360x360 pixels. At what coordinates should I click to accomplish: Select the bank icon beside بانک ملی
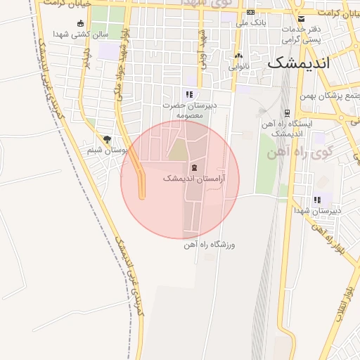250,12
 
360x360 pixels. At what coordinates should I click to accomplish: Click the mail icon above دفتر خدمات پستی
302,18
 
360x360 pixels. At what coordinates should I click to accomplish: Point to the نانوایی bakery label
238,67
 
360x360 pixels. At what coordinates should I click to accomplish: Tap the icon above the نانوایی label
238,56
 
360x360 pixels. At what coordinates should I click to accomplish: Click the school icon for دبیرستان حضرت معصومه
188,94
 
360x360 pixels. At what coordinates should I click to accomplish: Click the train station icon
287,112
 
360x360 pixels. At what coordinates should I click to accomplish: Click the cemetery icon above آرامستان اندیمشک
193,167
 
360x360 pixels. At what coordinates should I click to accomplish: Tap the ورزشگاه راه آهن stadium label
208,245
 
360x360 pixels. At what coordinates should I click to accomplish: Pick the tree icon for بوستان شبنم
107,139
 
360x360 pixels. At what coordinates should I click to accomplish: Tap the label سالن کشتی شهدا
80,33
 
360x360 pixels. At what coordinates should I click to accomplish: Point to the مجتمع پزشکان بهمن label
330,96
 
